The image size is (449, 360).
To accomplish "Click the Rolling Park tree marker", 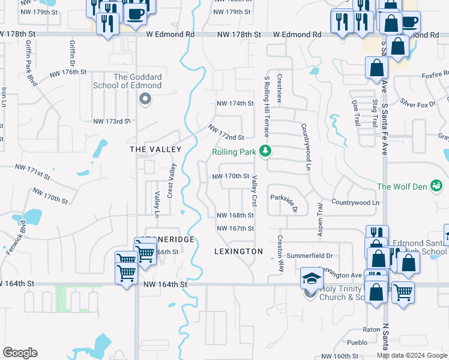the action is [x=265, y=152].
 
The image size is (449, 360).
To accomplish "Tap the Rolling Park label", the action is [x=235, y=152].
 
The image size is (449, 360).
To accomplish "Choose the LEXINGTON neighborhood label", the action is [x=238, y=251].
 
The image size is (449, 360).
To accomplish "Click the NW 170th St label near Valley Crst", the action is [x=231, y=176].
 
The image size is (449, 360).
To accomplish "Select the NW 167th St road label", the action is [x=235, y=229].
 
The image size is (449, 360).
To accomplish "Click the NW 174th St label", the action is [x=235, y=103].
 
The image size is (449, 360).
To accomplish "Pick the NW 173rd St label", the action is [x=112, y=121].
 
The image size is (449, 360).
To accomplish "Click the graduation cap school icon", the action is [x=311, y=278].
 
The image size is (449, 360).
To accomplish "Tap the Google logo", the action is [x=20, y=353].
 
